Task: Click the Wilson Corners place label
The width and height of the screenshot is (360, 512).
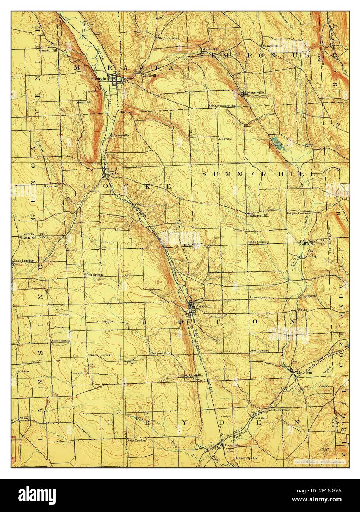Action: click(x=168, y=38)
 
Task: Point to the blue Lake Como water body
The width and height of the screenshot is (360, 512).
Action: click(x=277, y=141)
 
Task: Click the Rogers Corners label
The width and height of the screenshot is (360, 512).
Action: click(x=298, y=213)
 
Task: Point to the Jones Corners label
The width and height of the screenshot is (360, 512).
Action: click(x=259, y=297)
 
